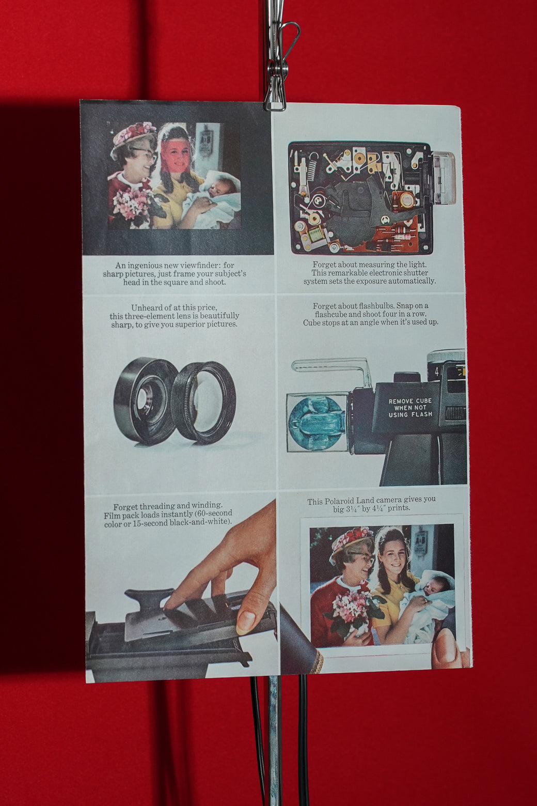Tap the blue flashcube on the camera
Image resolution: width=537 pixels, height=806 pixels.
click(317, 422)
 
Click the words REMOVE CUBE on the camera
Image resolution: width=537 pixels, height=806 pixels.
click(410, 401)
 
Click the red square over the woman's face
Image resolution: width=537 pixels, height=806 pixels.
click(175, 157)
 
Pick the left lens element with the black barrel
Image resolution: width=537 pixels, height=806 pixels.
click(145, 401)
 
